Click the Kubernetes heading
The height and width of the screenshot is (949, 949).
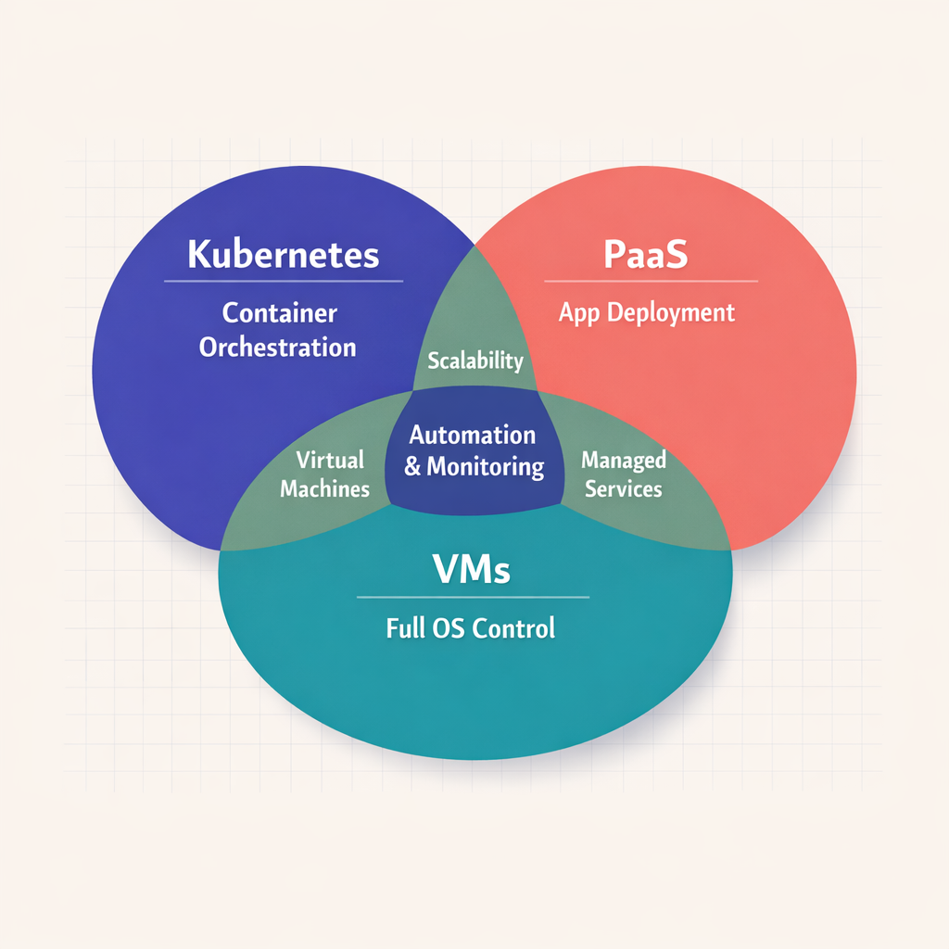(x=284, y=253)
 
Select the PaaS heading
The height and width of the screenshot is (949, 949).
(x=646, y=254)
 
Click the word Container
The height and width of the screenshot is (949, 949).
(x=280, y=312)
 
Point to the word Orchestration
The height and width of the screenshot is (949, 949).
(x=278, y=348)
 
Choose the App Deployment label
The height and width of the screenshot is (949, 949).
(x=646, y=312)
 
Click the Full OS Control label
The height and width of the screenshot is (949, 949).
(x=470, y=628)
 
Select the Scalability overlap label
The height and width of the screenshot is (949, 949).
(x=474, y=361)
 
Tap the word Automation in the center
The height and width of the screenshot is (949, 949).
(x=473, y=435)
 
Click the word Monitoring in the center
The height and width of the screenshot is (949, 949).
(x=486, y=466)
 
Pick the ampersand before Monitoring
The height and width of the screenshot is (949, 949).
(x=412, y=466)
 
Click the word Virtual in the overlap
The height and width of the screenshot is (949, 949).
(x=330, y=460)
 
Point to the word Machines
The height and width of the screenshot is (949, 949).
(x=324, y=489)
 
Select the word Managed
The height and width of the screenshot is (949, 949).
(x=623, y=460)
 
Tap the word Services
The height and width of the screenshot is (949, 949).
(x=623, y=488)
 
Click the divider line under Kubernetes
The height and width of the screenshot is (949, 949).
(x=284, y=281)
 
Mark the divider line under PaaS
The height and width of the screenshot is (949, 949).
(x=651, y=281)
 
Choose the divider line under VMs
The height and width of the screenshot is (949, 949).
(x=473, y=598)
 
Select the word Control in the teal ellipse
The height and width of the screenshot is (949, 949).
(x=513, y=628)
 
